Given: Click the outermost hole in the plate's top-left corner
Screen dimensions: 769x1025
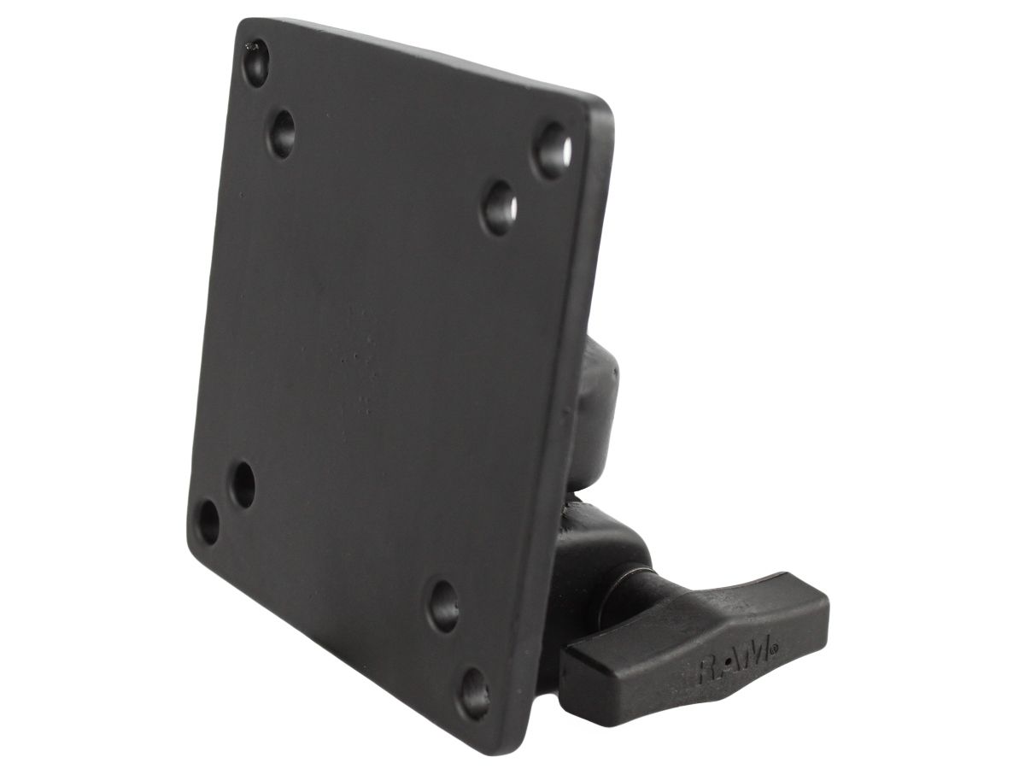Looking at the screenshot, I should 255,62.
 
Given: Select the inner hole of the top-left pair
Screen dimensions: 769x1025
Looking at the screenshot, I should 283,132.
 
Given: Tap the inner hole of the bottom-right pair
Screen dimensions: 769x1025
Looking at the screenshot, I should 443,605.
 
